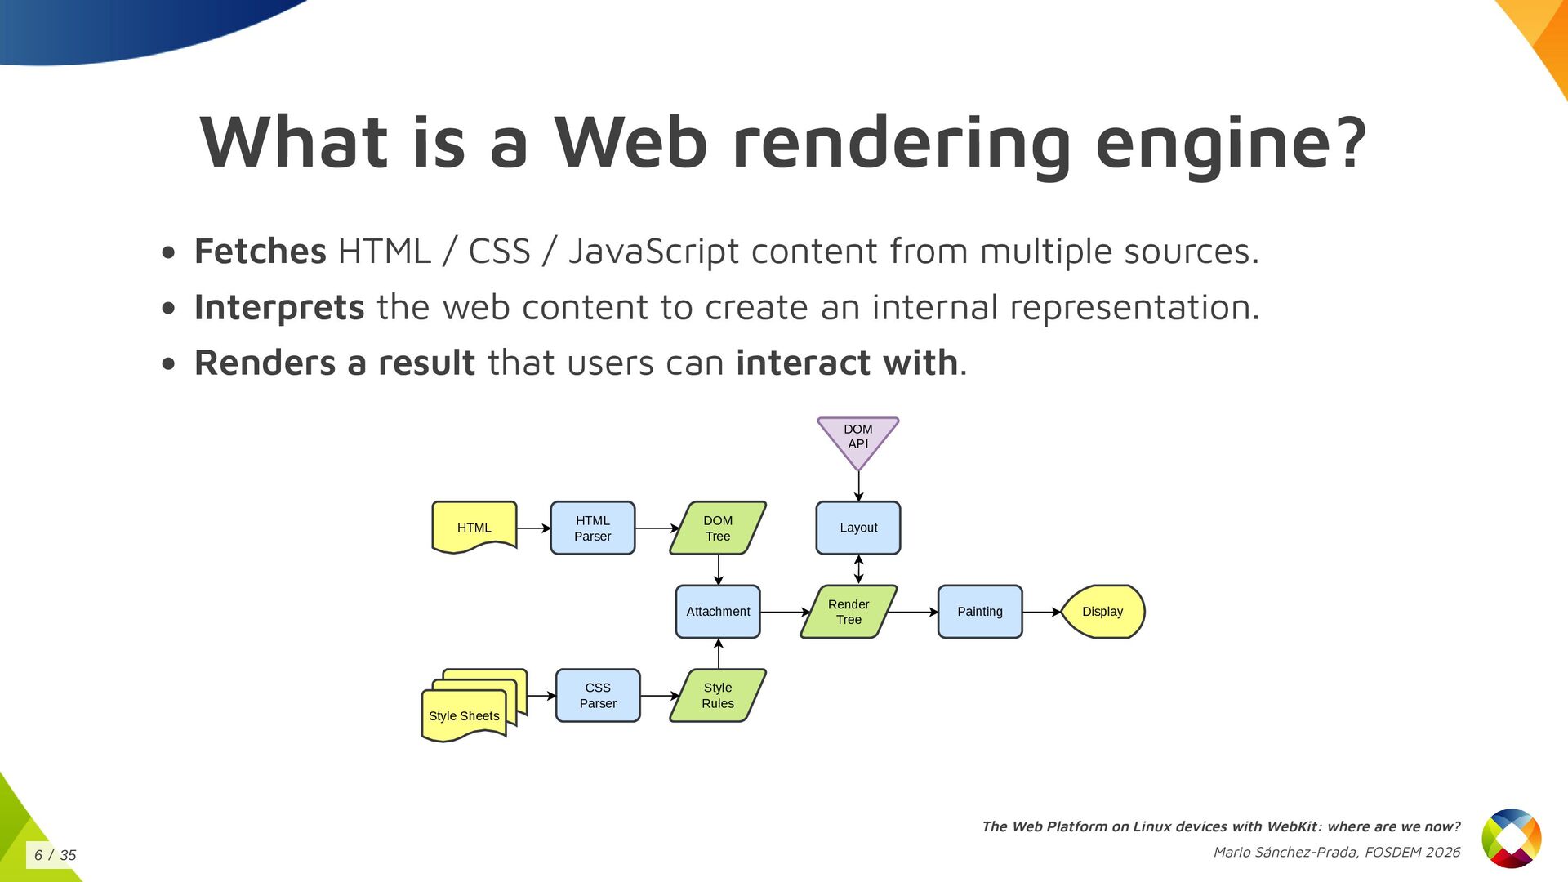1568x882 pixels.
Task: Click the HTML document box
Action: pyautogui.click(x=474, y=528)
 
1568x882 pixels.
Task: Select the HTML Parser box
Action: pyautogui.click(x=592, y=528)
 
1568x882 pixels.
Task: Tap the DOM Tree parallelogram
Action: pyautogui.click(x=718, y=528)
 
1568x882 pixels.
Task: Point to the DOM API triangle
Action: pyautogui.click(x=858, y=438)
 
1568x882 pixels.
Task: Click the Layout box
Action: pyautogui.click(x=858, y=528)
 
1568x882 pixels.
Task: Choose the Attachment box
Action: pyautogui.click(x=718, y=612)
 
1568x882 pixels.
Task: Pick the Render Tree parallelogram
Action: pyautogui.click(x=849, y=612)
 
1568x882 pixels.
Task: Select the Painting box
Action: pyautogui.click(x=980, y=612)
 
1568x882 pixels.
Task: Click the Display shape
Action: pyautogui.click(x=1102, y=612)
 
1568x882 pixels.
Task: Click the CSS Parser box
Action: pyautogui.click(x=598, y=696)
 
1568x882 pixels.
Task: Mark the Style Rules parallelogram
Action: pyautogui.click(x=718, y=696)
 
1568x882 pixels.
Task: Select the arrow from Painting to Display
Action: pyautogui.click(x=1041, y=612)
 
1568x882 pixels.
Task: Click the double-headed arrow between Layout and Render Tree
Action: pyautogui.click(x=858, y=569)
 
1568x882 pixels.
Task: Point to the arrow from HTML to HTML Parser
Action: pyautogui.click(x=533, y=528)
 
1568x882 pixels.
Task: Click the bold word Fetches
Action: pyautogui.click(x=261, y=252)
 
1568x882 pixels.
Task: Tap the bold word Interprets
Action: pyautogui.click(x=279, y=308)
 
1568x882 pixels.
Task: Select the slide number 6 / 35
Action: pyautogui.click(x=55, y=855)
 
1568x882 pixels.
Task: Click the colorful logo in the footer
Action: pyautogui.click(x=1512, y=839)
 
